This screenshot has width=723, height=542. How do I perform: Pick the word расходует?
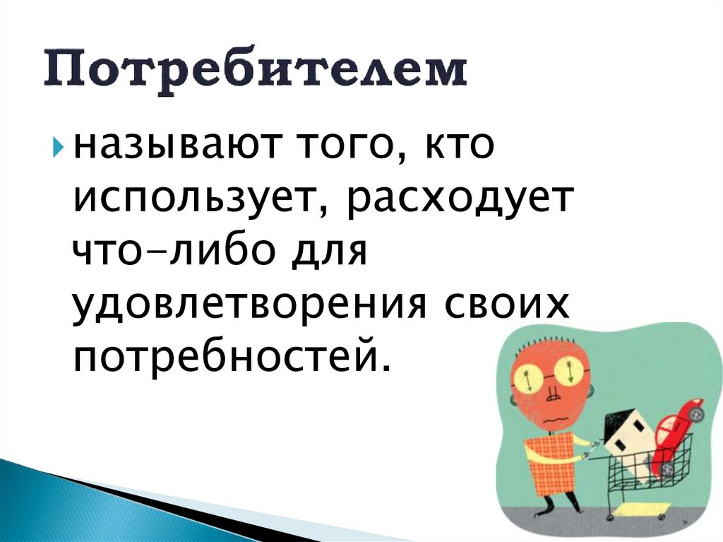[458, 199]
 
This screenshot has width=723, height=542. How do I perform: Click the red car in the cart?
[677, 431]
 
